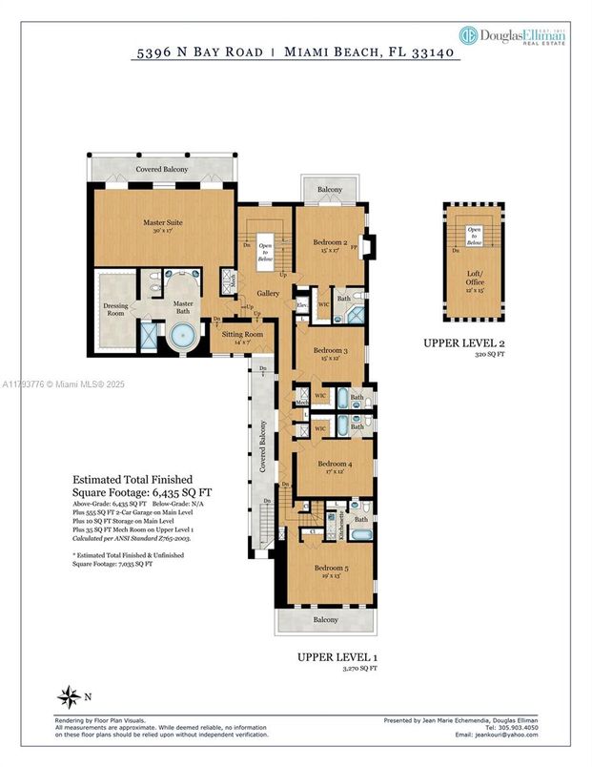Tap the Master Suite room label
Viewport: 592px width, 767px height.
pos(163,227)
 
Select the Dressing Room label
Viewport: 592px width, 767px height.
pos(115,309)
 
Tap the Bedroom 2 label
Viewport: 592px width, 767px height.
pos(329,246)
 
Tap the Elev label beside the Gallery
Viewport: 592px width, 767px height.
pos(301,305)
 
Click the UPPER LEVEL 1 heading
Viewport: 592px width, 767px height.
pos(337,658)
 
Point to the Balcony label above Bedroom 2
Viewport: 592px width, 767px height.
pos(330,191)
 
